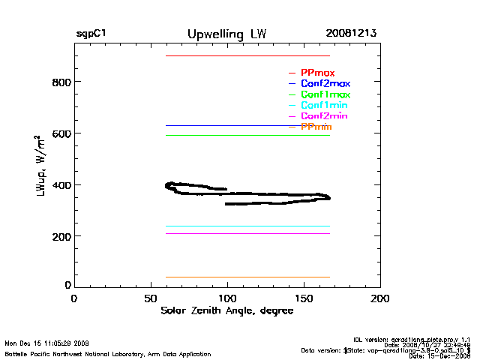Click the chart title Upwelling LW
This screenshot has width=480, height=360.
[x=226, y=34]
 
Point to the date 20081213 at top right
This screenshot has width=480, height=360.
[x=351, y=34]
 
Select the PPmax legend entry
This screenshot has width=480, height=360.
[x=317, y=73]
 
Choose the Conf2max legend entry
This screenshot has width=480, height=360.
[x=325, y=83]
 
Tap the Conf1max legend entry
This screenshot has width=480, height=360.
[x=325, y=94]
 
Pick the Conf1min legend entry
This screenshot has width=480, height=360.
[x=324, y=106]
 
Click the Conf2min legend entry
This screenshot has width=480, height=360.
[x=324, y=116]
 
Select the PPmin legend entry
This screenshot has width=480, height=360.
[x=316, y=127]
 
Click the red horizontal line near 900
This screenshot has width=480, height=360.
[x=247, y=55]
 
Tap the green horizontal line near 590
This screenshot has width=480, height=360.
[x=247, y=135]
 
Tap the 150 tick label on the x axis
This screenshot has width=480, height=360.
[x=304, y=298]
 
